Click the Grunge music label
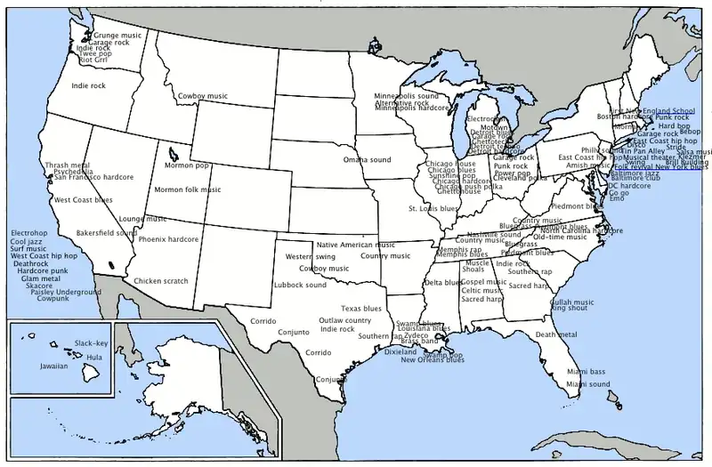pos(117,36)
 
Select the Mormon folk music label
pos(188,189)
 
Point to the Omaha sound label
pos(368,160)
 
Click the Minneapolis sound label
pos(406,95)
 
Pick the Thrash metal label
pos(67,165)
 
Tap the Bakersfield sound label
pos(106,233)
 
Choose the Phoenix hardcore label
pos(168,239)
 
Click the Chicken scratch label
pos(161,281)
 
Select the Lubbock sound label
pos(300,285)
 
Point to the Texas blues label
pos(361,309)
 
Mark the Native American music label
pos(356,245)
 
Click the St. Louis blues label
pos(433,209)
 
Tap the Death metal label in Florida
pos(556,334)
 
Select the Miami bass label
pos(586,372)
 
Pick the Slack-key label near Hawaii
pos(91,343)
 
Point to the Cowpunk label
pos(53,299)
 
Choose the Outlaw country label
pos(345,320)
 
